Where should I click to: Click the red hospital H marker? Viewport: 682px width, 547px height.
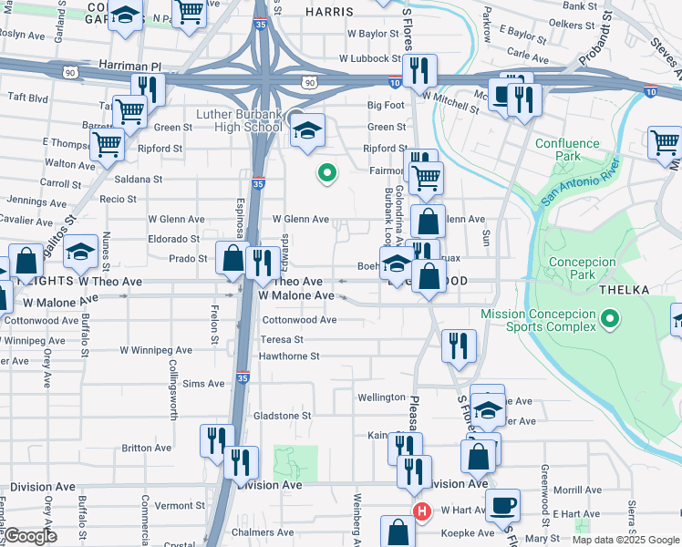[421, 511]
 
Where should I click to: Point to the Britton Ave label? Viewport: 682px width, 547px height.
[147, 448]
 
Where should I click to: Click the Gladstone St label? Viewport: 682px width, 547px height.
[282, 415]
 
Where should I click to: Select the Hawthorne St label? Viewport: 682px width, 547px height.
[290, 356]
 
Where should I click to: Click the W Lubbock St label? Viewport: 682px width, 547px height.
[370, 58]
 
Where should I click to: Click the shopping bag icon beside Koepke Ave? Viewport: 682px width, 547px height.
[398, 532]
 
